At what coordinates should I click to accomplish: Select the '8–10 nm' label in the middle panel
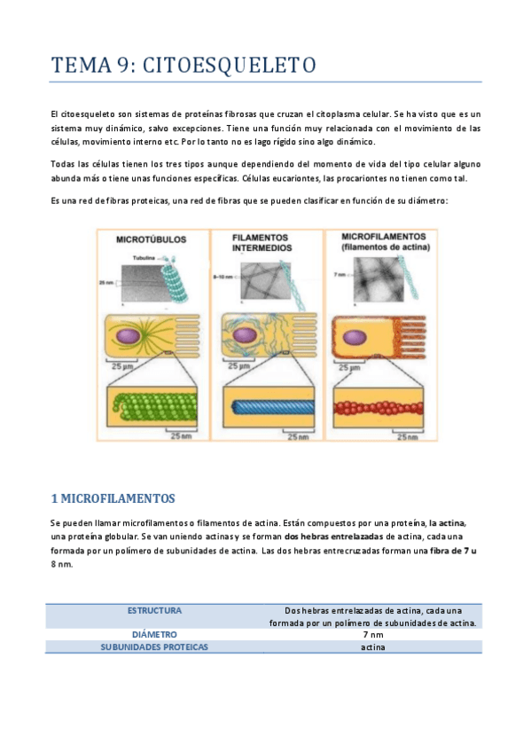pyautogui.click(x=222, y=278)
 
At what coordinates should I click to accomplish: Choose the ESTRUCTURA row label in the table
pyautogui.click(x=154, y=610)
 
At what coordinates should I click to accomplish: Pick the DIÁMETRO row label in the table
pyautogui.click(x=154, y=635)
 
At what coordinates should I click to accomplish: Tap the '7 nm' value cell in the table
pyautogui.click(x=373, y=635)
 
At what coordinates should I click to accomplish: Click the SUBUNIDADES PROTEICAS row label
pyautogui.click(x=154, y=647)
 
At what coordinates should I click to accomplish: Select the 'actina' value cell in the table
pyautogui.click(x=373, y=647)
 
